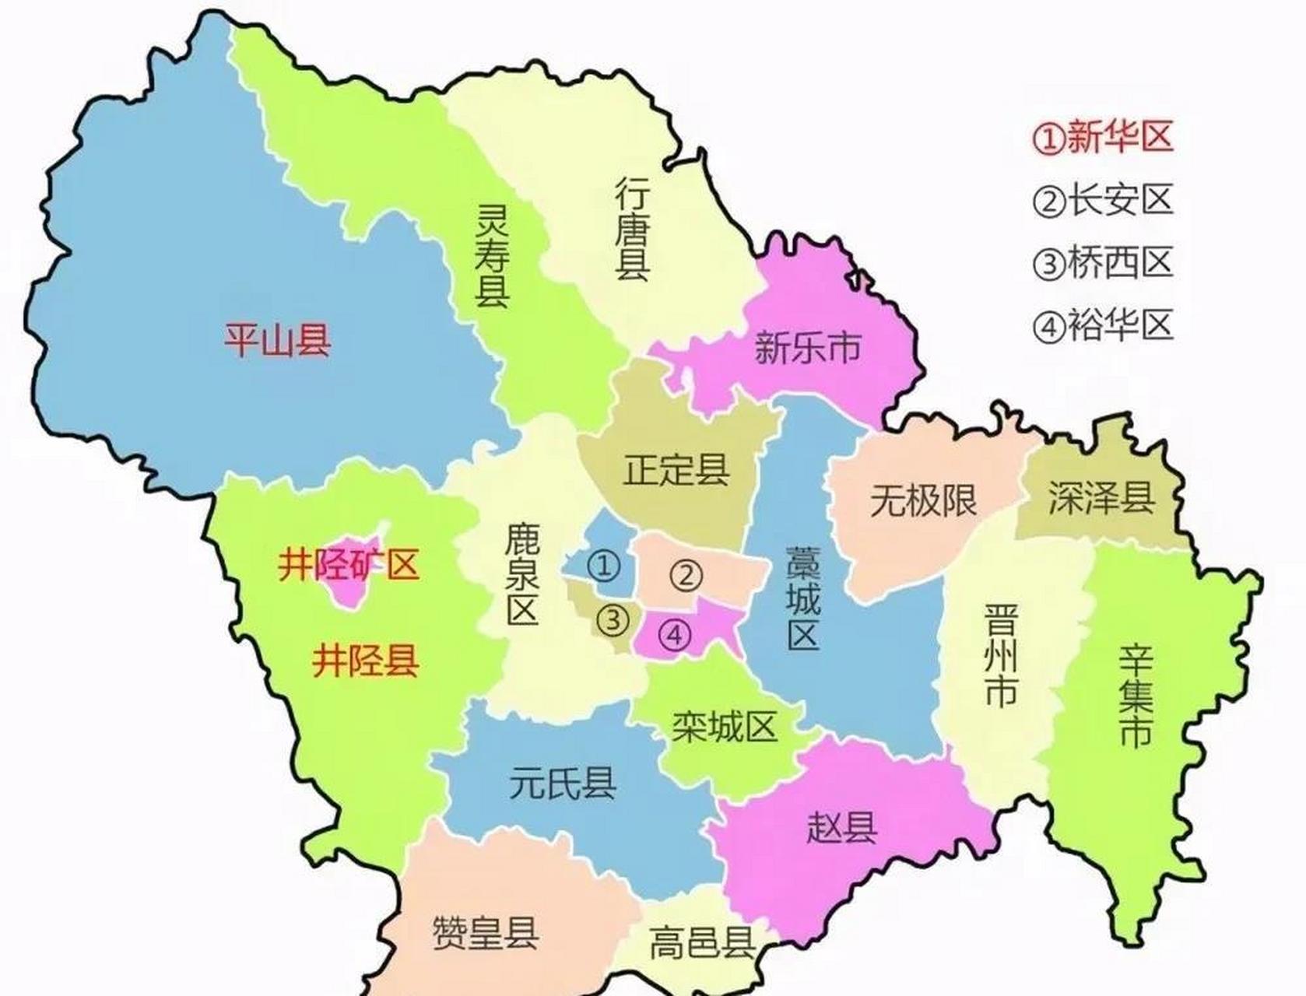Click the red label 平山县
coord(277,340)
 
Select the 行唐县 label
coord(633,228)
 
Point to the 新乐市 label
coord(807,347)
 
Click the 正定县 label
coord(676,470)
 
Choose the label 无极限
coord(923,500)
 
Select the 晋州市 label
coord(1000,656)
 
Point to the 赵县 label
coord(841,826)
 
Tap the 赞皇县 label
coord(485,932)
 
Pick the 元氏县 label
coord(563,782)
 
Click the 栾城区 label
coord(725,727)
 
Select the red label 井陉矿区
coord(349,565)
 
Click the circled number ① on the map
coord(605,566)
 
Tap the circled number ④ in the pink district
coord(674,636)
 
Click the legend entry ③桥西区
coord(1103,263)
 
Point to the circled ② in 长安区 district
coord(686,576)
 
